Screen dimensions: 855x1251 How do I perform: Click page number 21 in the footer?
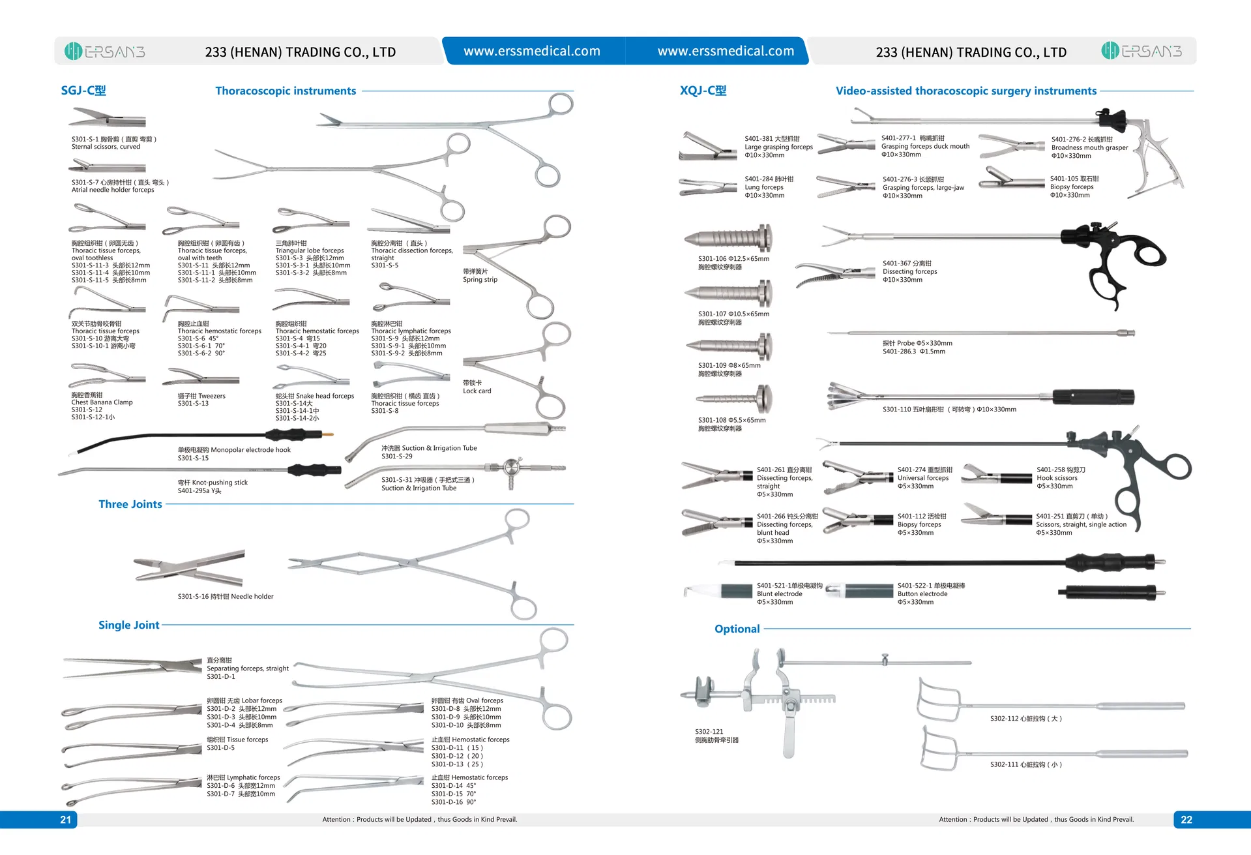65,820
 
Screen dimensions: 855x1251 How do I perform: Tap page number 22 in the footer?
1186,820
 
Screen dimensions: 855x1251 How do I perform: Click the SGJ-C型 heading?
83,91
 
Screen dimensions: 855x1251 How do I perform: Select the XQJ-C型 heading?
703,91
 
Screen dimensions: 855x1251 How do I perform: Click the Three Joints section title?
130,504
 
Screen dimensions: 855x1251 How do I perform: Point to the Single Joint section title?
129,625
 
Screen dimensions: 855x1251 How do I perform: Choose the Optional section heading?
737,629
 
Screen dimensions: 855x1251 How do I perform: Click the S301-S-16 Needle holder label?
226,596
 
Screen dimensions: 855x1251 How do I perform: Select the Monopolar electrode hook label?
234,450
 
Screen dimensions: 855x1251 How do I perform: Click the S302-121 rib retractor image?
769,701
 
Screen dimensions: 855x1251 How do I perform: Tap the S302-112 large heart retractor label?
1025,719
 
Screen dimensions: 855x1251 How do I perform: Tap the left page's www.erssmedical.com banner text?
532,51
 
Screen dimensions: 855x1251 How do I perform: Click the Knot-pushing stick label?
213,483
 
